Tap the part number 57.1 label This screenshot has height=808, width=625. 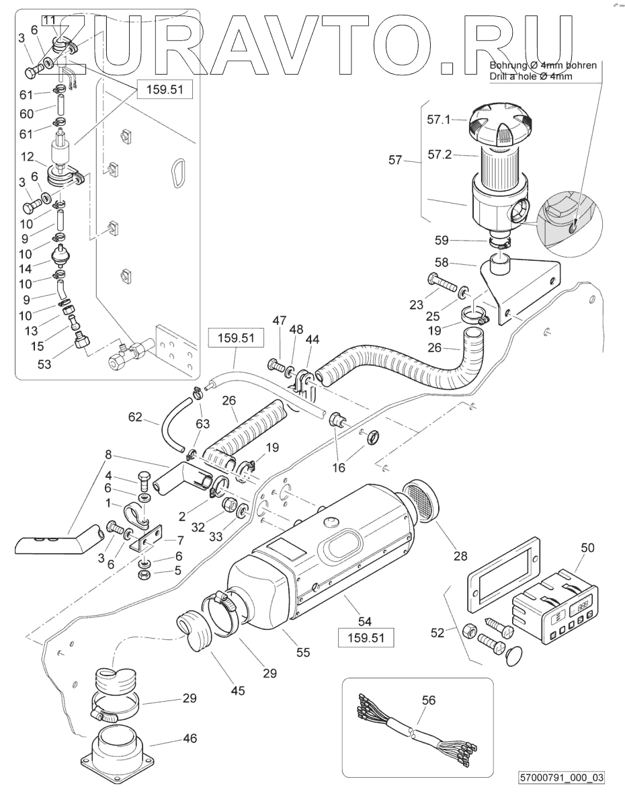point(438,120)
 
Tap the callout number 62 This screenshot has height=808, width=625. point(135,417)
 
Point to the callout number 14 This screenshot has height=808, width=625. point(26,268)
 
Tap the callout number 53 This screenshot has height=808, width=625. point(44,364)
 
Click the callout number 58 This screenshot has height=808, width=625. point(442,263)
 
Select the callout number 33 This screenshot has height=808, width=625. point(216,536)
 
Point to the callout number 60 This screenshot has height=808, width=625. point(26,114)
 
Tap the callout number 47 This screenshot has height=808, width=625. point(280,320)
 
